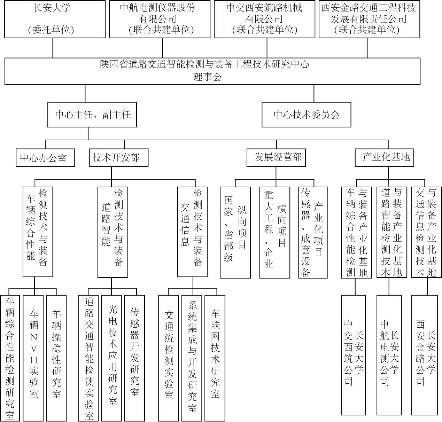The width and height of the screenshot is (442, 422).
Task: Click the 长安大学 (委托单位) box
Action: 55,19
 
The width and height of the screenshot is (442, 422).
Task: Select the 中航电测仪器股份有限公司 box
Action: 160,19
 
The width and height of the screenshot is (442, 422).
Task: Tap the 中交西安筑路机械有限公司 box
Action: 264,19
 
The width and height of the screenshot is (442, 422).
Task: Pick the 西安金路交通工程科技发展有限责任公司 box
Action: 369,19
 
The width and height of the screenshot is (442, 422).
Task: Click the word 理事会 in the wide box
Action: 207,77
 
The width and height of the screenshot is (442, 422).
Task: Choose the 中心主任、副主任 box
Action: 92,115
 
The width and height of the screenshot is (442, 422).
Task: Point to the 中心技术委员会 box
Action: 307,115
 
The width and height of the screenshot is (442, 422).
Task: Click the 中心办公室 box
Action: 45,158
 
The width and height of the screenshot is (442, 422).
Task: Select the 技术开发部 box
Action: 119,158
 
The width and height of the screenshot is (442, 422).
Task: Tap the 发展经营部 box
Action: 276,158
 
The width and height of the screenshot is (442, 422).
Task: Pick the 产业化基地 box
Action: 385,158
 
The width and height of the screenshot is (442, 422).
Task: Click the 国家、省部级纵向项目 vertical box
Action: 235,233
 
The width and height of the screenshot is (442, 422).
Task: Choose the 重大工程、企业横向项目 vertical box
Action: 275,233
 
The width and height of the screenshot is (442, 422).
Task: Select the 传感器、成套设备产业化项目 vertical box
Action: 313,233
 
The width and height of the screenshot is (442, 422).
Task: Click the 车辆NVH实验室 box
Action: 33,358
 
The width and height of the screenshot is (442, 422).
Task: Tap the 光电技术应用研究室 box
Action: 111,358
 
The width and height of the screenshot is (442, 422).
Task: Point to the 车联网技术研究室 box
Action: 215,358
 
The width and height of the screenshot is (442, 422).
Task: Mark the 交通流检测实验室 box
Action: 169,358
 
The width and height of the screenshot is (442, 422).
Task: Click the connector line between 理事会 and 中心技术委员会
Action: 314,93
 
